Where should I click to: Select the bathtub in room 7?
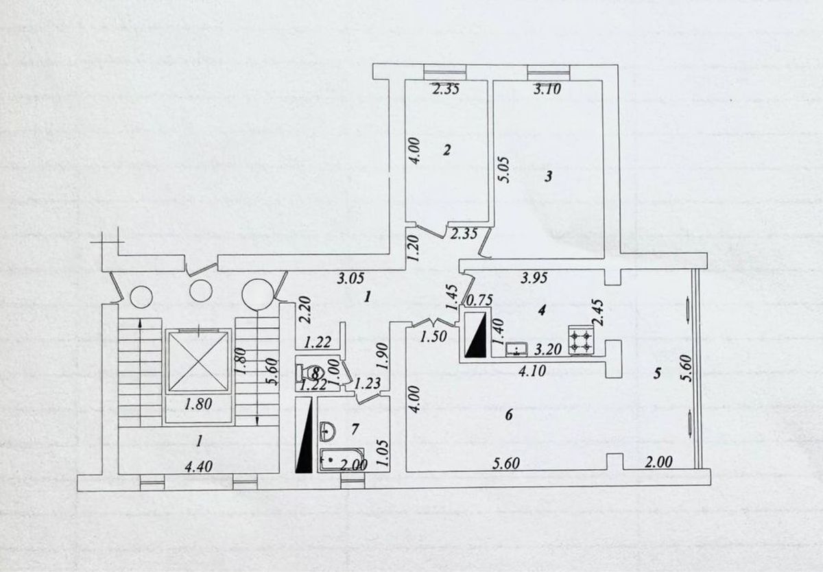[342, 460]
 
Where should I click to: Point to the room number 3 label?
[548, 177]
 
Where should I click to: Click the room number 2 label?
[446, 151]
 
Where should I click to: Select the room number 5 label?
[657, 374]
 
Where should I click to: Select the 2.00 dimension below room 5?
[658, 463]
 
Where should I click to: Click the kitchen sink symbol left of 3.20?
[515, 350]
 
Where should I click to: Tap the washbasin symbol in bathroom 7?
[329, 430]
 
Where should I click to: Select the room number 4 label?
[541, 311]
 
